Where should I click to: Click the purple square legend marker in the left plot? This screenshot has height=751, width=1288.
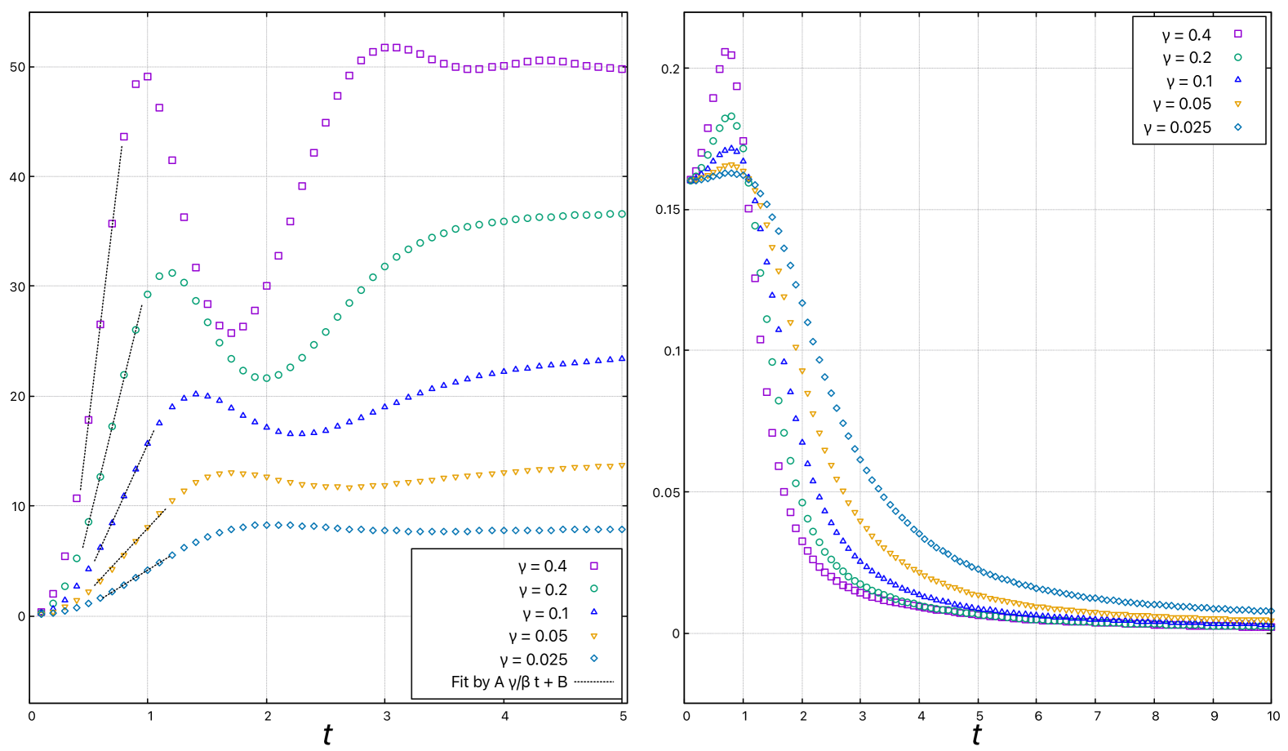click(593, 566)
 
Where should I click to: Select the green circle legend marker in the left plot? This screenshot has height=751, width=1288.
click(593, 589)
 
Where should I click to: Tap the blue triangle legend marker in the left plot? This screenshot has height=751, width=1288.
click(593, 611)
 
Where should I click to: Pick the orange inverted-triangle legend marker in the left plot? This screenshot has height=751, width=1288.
click(593, 636)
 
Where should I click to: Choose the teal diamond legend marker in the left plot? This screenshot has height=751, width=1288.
click(593, 658)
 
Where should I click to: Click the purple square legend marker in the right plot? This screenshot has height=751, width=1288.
click(1237, 33)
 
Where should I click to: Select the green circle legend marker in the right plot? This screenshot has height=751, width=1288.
click(1237, 57)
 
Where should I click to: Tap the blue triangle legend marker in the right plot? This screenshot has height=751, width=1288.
click(1237, 80)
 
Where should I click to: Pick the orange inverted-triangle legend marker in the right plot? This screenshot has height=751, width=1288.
click(1237, 104)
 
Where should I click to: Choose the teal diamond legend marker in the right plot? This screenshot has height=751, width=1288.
click(1237, 127)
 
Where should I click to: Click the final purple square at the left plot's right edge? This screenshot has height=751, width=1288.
click(622, 69)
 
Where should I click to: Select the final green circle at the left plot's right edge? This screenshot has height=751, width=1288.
click(622, 214)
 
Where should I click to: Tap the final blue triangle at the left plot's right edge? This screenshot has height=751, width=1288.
click(622, 358)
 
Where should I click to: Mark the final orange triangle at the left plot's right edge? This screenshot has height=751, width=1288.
click(622, 466)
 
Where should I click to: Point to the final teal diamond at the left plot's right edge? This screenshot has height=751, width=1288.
click(622, 530)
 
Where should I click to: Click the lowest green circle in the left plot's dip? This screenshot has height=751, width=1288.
click(266, 378)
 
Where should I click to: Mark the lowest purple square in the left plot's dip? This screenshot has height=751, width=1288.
click(231, 333)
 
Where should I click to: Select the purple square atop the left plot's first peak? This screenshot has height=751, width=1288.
click(148, 77)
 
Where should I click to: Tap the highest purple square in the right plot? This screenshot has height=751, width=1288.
click(725, 51)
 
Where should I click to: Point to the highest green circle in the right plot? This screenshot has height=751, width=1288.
click(731, 117)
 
